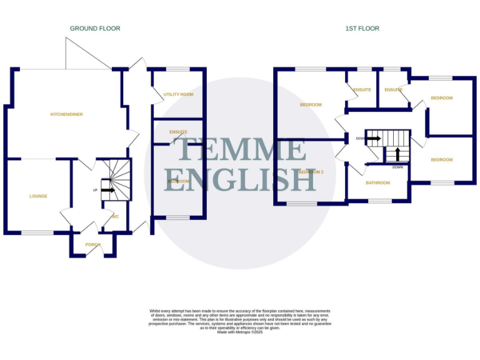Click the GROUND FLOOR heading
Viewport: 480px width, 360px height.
click(x=95, y=29)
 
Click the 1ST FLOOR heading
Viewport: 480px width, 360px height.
click(x=362, y=29)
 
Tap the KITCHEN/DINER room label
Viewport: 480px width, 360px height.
click(x=67, y=114)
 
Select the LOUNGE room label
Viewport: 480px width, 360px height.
click(x=38, y=196)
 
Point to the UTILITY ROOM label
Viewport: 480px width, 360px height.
click(x=178, y=95)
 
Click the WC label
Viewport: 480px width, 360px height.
click(x=115, y=217)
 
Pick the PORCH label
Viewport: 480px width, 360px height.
click(x=92, y=244)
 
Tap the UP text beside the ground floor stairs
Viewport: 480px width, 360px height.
click(x=96, y=190)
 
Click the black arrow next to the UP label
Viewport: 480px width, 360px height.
click(x=107, y=190)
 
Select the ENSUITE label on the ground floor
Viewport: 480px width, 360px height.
click(x=178, y=132)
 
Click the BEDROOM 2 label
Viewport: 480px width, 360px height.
click(x=311, y=172)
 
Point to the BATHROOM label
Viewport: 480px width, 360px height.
click(x=378, y=183)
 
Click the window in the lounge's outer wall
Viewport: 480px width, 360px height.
click(x=37, y=233)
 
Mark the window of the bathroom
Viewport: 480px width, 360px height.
click(x=378, y=201)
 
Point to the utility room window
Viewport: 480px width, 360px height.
click(x=178, y=69)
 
